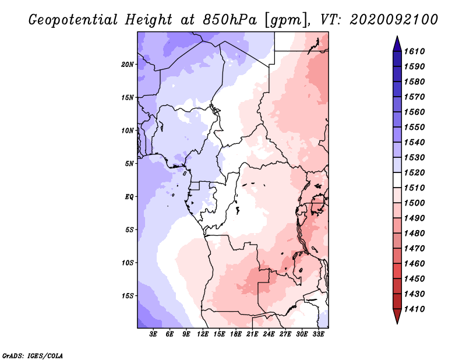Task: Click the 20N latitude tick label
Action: click(128, 65)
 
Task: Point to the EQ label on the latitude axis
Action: click(129, 197)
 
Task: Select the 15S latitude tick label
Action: click(128, 296)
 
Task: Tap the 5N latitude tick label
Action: click(129, 164)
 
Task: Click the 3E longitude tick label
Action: click(153, 334)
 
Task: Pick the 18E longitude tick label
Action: click(236, 334)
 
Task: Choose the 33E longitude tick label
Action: click(318, 334)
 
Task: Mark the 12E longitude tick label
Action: click(203, 334)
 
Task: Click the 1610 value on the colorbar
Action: click(414, 51)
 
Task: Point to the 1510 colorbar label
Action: click(414, 188)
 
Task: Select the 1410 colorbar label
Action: click(414, 309)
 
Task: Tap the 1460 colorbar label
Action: click(414, 264)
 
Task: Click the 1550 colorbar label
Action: click(414, 127)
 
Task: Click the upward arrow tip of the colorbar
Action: click(397, 36)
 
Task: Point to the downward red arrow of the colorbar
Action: click(397, 316)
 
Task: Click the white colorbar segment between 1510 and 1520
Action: click(397, 180)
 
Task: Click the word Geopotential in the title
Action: click(73, 20)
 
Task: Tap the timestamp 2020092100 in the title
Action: click(394, 20)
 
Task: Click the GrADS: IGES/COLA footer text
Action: click(33, 356)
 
